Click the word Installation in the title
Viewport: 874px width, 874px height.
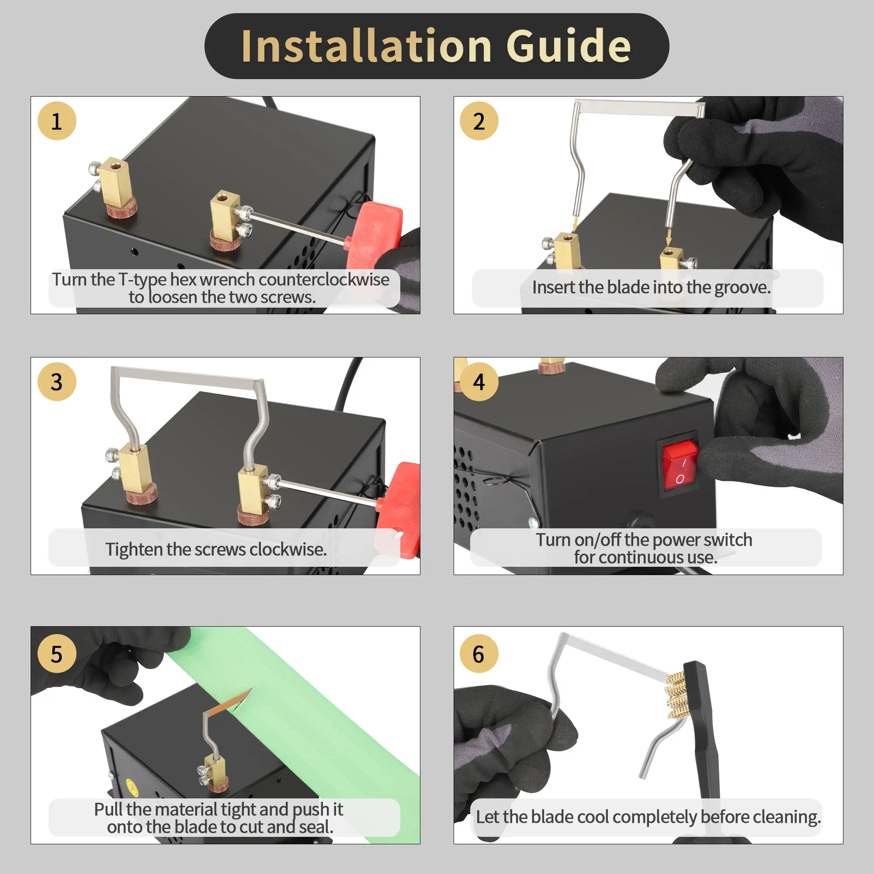(367, 46)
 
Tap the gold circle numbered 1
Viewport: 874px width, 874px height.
(57, 121)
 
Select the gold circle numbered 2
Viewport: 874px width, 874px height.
(479, 121)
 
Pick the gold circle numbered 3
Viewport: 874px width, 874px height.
(57, 382)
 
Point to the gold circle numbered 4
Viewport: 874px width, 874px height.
(479, 382)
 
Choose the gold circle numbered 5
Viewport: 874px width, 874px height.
(57, 654)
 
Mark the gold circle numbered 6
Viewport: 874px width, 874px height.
(479, 654)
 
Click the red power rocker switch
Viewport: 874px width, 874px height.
(680, 465)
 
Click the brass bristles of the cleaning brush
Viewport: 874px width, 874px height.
(677, 695)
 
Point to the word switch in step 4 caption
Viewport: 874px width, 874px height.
(728, 540)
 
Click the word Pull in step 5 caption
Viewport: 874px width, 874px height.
(108, 809)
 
